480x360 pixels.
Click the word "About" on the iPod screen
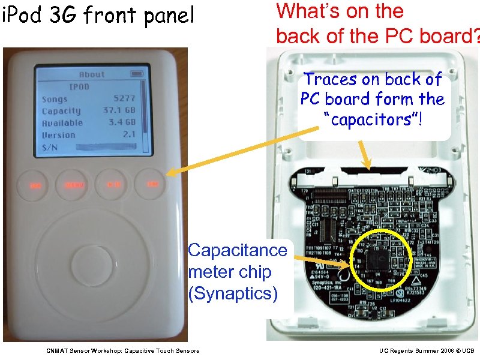92,74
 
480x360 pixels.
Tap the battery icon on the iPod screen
137,74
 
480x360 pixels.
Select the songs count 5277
124,98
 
